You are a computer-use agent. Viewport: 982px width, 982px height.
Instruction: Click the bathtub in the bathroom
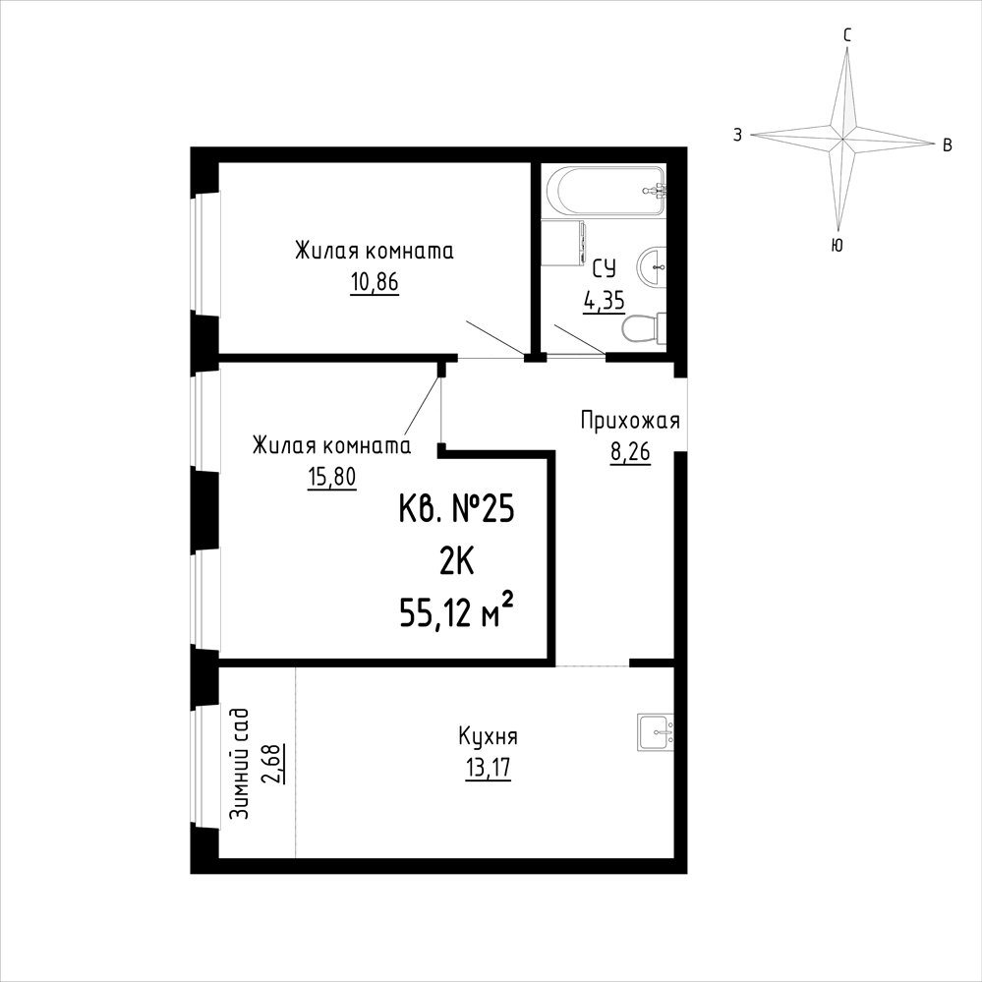(x=605, y=191)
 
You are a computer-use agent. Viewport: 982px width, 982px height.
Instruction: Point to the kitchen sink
(x=656, y=732)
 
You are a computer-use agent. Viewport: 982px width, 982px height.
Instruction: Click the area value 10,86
(x=375, y=283)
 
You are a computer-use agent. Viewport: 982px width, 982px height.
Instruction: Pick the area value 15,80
(x=331, y=478)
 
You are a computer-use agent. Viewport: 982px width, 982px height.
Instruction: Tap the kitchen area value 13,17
(x=488, y=769)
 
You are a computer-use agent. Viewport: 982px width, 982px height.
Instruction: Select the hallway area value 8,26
(x=631, y=451)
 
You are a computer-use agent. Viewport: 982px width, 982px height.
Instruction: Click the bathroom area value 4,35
(x=605, y=302)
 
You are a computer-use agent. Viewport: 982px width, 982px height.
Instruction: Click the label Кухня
(x=488, y=736)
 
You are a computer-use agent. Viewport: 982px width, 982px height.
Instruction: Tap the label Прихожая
(x=630, y=421)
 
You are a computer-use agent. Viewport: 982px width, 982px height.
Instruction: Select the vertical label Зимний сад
(x=239, y=764)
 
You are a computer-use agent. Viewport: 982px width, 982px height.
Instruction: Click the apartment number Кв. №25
(x=456, y=508)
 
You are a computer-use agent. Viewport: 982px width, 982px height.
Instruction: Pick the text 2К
(x=456, y=561)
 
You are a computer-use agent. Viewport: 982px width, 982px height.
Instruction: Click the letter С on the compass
(x=846, y=35)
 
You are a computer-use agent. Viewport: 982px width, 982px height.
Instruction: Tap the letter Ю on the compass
(x=837, y=245)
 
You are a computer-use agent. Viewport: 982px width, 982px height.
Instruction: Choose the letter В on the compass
(x=948, y=145)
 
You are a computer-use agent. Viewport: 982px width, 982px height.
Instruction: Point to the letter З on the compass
(x=738, y=135)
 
